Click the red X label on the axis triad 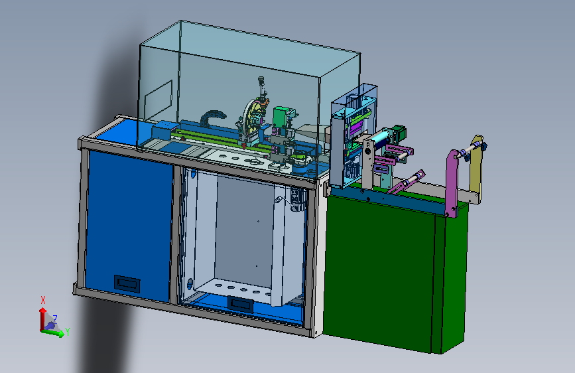tap(43, 300)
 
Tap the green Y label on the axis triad tap(68, 332)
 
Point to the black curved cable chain tap(212, 117)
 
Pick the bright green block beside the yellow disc tap(281, 117)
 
